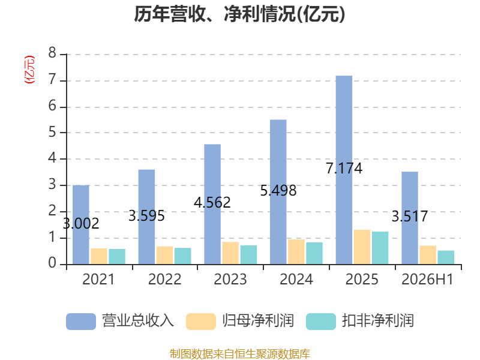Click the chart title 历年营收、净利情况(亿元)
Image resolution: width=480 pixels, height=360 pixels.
[x=239, y=14]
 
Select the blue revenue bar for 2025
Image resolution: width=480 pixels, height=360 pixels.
[x=344, y=170]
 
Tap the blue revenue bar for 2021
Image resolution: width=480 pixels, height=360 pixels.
[x=81, y=224]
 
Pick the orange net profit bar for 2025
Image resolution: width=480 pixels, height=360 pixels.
[x=362, y=247]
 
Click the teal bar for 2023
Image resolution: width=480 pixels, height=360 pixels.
[x=248, y=254]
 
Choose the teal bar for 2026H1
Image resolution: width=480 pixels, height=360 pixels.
[x=446, y=257]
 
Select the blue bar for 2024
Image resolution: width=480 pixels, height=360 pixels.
[x=278, y=192]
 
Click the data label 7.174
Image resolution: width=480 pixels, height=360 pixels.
[x=344, y=169]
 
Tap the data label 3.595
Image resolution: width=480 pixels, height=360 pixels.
[x=146, y=216]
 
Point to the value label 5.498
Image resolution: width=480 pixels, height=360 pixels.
[x=278, y=191]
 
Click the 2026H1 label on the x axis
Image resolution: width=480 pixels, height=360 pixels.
[x=427, y=279]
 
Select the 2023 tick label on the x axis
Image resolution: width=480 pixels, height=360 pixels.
[x=230, y=279]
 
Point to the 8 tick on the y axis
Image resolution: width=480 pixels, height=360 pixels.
[x=52, y=53]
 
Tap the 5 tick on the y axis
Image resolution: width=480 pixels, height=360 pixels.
[x=52, y=132]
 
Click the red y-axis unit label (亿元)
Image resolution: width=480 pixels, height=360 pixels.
[x=29, y=70]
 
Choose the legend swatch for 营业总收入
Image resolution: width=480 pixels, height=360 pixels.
[x=81, y=322]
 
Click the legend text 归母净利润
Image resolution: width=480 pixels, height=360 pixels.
[x=258, y=321]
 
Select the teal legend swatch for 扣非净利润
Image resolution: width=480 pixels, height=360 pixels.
[x=321, y=322]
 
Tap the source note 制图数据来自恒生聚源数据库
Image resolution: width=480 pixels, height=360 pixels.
[x=240, y=354]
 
